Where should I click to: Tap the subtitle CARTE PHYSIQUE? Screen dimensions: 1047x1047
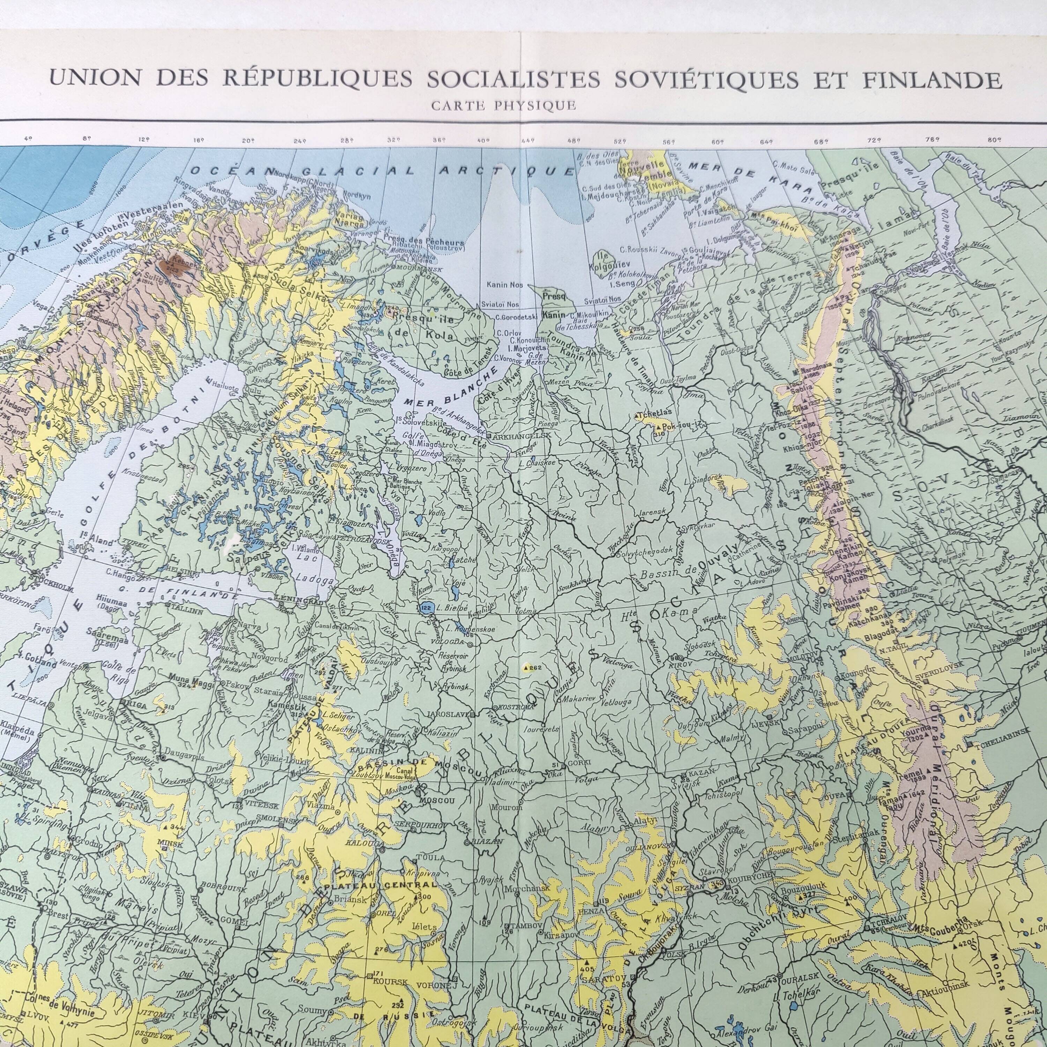tap(504, 106)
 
